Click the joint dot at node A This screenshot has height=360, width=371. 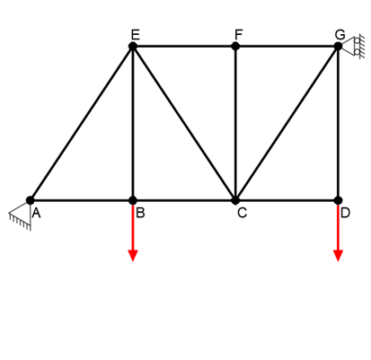click(x=30, y=200)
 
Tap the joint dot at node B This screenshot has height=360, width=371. click(x=133, y=200)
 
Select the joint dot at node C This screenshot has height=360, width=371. click(x=235, y=200)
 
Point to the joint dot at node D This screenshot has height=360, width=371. click(x=339, y=200)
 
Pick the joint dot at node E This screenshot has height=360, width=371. click(x=133, y=46)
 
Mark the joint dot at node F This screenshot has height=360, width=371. click(x=235, y=46)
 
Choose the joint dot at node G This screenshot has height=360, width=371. click(x=339, y=46)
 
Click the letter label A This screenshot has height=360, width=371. click(x=36, y=213)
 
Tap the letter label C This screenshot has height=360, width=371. click(x=242, y=213)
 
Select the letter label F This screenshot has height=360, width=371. click(x=238, y=34)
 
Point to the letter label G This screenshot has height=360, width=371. click(x=340, y=34)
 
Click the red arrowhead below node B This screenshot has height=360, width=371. click(x=133, y=255)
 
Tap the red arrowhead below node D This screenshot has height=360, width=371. click(x=339, y=255)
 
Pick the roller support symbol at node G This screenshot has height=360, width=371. click(x=354, y=46)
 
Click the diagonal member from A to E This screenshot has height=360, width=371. click(x=81, y=123)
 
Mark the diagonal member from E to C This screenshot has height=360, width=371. click(x=184, y=123)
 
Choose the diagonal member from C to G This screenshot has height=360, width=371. click(x=287, y=123)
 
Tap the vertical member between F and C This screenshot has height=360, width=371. click(x=235, y=123)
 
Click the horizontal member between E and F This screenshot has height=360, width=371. click(x=184, y=46)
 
